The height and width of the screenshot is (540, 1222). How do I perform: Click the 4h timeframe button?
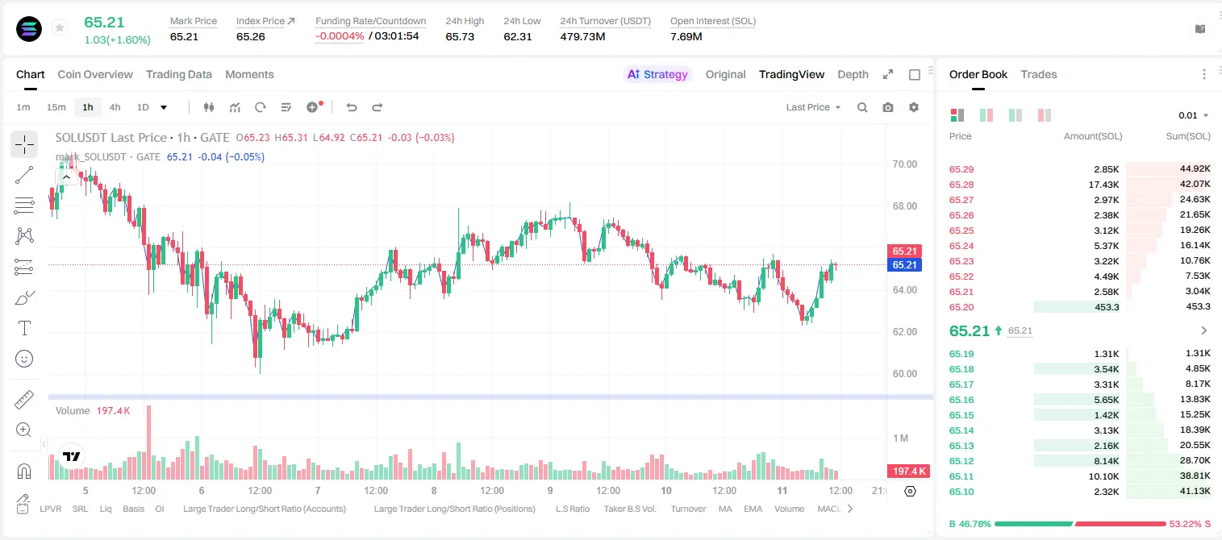point(115,107)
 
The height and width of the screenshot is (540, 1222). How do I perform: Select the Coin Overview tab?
point(95,74)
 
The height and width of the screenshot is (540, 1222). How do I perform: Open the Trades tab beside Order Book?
point(1039,74)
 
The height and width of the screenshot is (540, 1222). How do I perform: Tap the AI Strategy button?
point(657,74)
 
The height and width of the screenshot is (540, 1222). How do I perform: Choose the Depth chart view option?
point(853,74)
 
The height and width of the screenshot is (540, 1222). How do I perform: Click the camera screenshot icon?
point(888,107)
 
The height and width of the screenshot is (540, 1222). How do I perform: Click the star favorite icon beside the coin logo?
point(60,27)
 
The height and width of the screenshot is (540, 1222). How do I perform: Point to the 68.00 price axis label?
point(904,206)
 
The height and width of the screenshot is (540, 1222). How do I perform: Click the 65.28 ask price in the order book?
point(961,185)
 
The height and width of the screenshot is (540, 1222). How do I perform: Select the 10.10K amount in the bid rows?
point(1103,476)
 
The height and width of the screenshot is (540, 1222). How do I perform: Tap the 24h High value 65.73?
point(460,36)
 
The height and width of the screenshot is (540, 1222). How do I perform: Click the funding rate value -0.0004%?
point(340,36)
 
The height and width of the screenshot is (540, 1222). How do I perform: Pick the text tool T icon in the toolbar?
point(24,328)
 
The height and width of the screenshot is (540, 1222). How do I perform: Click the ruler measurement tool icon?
point(24,400)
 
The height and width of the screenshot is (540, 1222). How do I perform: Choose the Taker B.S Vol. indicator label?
point(630,509)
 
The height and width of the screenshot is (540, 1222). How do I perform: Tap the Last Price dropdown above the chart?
point(813,107)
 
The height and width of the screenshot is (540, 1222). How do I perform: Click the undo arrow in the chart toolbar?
point(352,107)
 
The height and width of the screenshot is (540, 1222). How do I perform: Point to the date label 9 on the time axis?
point(550,490)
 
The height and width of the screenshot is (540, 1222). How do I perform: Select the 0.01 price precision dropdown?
point(1193,115)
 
